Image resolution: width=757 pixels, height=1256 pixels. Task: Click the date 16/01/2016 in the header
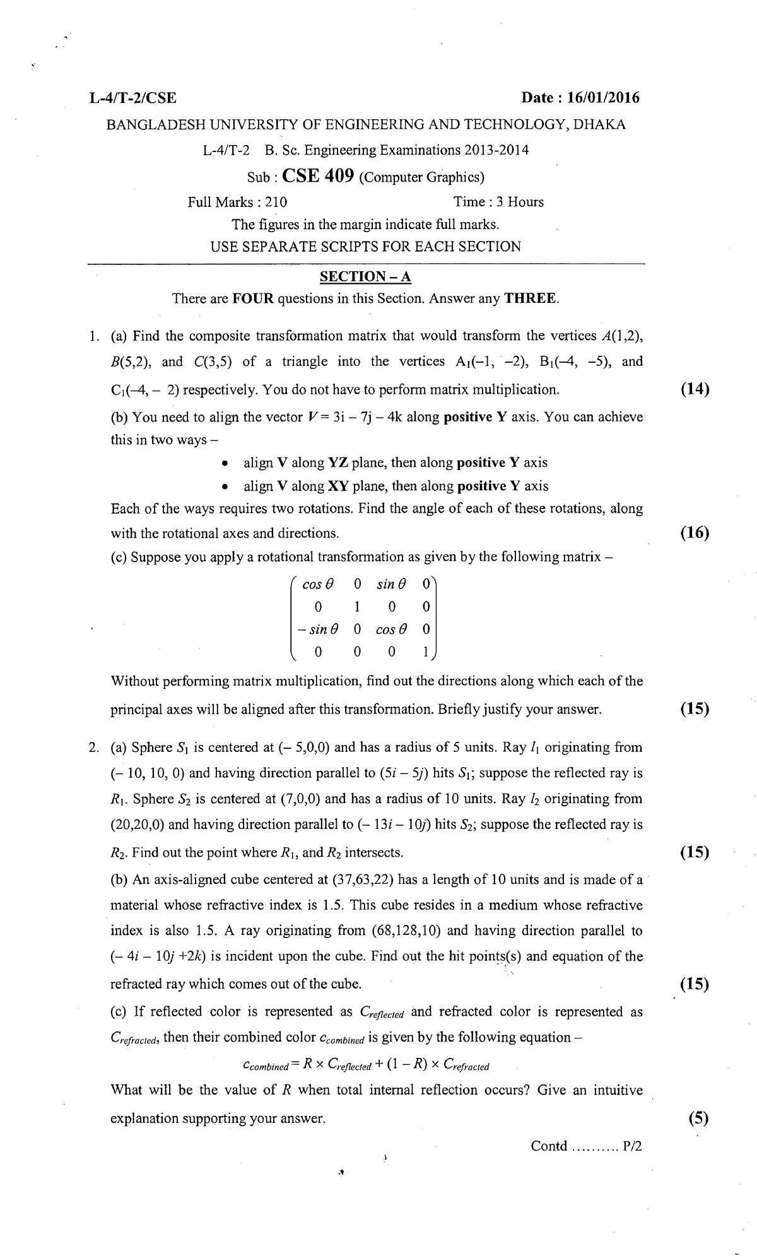coord(603,98)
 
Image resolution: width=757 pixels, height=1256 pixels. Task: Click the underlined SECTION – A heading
coord(365,276)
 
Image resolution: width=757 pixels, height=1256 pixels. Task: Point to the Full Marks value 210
coord(276,202)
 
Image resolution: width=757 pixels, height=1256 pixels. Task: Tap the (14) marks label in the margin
coord(695,389)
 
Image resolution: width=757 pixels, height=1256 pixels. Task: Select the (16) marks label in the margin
coord(695,533)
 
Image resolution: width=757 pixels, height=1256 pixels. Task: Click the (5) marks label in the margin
coord(698,1118)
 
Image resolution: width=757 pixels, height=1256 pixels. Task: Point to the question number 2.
coord(93,748)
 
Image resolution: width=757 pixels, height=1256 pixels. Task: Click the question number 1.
coord(93,336)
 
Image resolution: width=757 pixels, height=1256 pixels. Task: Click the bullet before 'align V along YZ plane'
coord(225,464)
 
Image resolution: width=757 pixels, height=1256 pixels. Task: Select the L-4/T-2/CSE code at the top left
coord(133,98)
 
